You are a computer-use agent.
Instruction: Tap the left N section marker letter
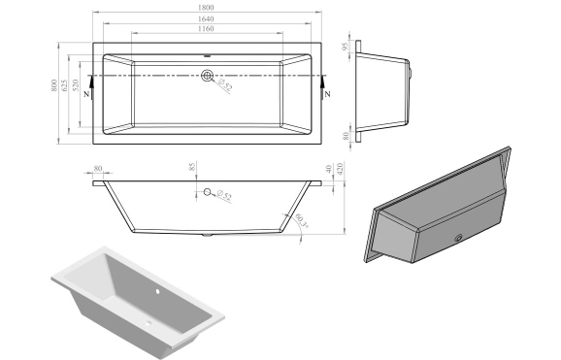[87, 94]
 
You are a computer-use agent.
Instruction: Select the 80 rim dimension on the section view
[99, 167]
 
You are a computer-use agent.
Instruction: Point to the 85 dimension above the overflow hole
[193, 168]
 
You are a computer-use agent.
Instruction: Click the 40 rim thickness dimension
[329, 169]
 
